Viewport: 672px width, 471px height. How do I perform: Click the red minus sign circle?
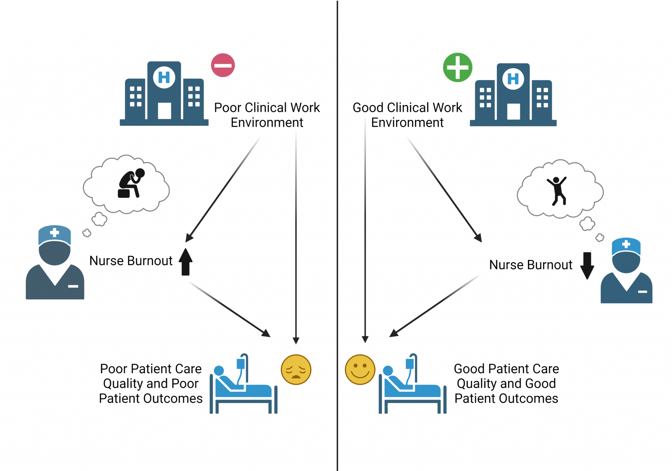coord(223,65)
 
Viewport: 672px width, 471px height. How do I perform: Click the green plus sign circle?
coord(457,67)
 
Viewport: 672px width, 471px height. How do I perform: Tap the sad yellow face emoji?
coord(296,370)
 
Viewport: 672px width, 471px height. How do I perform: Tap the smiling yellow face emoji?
coord(360,370)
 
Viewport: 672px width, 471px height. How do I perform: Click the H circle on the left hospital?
coord(164,78)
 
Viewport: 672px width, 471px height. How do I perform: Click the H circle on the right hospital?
coord(513,79)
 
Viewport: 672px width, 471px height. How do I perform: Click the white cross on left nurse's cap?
coord(54,233)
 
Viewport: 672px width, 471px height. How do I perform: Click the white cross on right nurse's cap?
coord(626,244)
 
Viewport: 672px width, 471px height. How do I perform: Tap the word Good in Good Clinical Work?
coord(368,108)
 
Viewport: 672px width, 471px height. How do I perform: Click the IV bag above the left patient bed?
coord(241,364)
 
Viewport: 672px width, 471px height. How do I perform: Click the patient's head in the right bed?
coord(388,370)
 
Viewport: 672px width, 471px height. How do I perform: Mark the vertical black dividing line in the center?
coord(337,230)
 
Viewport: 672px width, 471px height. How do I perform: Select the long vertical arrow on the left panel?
coord(296,236)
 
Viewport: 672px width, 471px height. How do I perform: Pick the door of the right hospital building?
coord(514,111)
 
